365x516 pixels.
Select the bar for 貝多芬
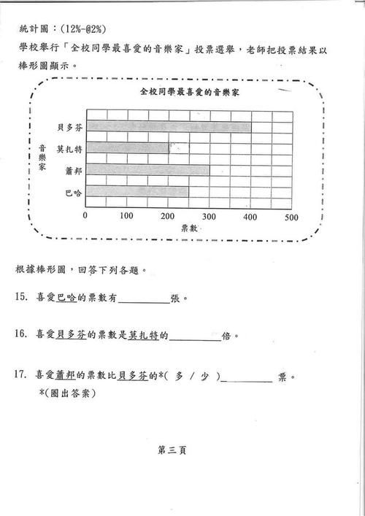(169, 126)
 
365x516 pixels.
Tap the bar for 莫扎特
(127, 148)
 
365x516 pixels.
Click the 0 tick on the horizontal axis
(85, 217)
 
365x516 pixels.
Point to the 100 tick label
(126, 217)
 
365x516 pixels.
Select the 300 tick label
(210, 217)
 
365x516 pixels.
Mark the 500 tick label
(291, 217)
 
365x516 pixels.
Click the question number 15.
(21, 299)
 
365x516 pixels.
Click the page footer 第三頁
(172, 450)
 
